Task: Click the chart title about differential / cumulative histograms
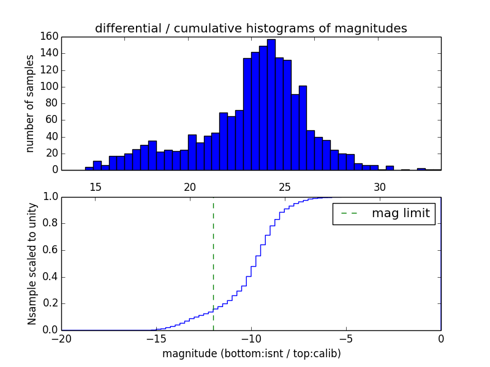point(251,28)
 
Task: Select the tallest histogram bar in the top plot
point(271,104)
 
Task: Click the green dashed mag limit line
point(213,263)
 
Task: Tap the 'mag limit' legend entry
point(383,213)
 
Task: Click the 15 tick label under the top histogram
point(95,187)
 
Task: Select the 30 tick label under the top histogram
point(379,187)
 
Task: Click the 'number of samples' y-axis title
point(30,103)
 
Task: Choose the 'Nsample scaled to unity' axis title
point(32,263)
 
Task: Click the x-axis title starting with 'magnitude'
point(251,354)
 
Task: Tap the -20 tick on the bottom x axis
point(62,338)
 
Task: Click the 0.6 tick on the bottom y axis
point(50,250)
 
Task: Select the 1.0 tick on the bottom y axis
point(50,197)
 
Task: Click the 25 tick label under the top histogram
point(284,187)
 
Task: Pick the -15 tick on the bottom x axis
point(156,338)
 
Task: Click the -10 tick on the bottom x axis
point(251,338)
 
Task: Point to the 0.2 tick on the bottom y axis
point(50,303)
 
